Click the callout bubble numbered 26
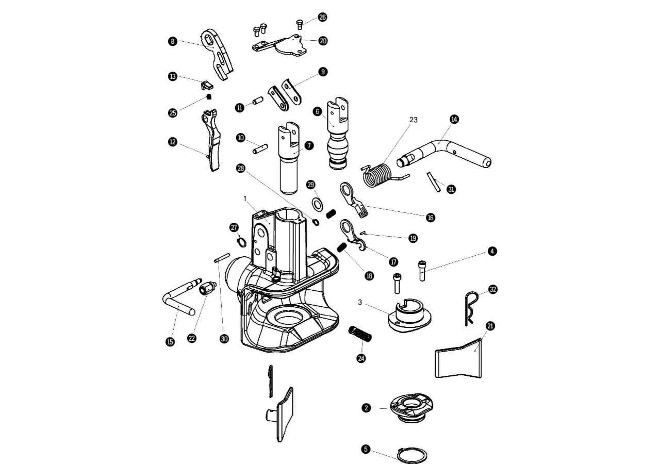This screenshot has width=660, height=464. coord(322,17)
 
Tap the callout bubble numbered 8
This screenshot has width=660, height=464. coord(173,41)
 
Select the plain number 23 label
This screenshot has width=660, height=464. coord(414,120)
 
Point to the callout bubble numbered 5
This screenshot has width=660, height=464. coord(366,449)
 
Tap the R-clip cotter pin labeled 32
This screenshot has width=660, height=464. coord(471,308)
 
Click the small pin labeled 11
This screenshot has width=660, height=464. coord(258,101)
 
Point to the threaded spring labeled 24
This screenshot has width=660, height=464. coord(360,333)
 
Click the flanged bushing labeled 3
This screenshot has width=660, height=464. coord(409,316)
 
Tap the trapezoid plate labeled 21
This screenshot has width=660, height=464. coord(458,359)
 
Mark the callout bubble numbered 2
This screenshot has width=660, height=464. coord(366,408)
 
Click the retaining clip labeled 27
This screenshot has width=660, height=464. coord(242,242)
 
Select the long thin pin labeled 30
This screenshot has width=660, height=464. coord(222,257)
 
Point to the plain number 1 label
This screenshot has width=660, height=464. coord(245,199)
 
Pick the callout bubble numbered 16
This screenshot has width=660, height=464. coord(431,218)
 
